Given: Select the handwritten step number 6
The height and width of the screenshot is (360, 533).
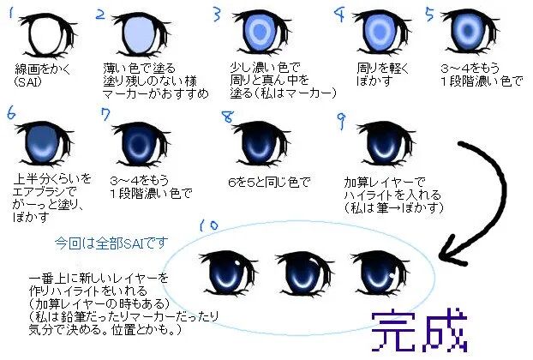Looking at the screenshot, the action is coord(11,114).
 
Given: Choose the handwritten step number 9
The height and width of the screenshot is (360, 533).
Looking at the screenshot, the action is coord(341,115).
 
